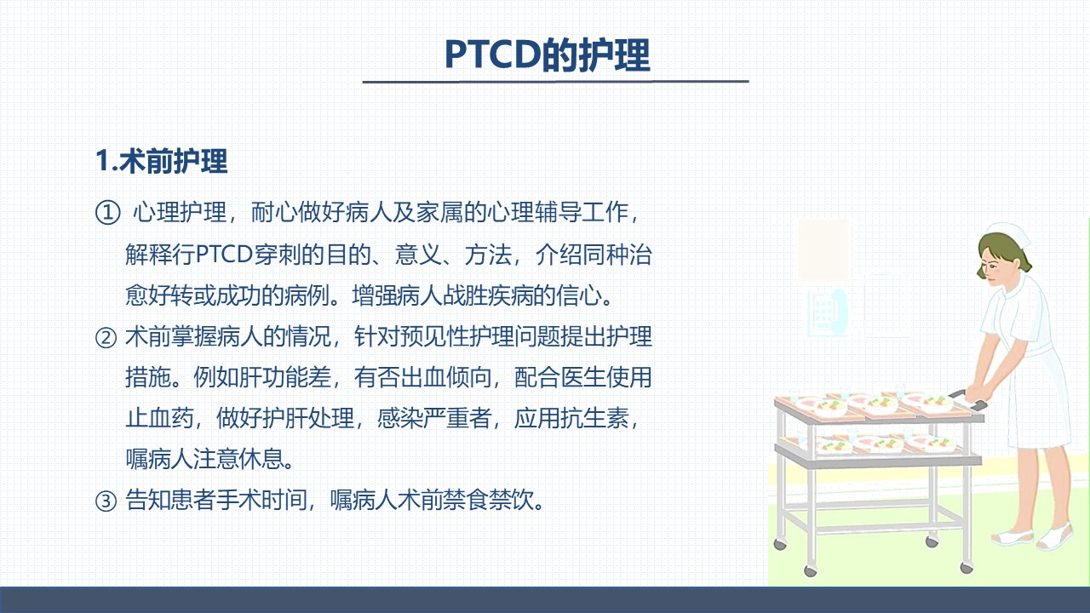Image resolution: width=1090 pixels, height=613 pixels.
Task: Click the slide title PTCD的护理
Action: point(548,55)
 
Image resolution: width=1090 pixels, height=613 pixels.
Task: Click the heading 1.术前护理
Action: point(161,161)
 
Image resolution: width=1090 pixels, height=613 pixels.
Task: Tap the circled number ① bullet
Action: point(107,213)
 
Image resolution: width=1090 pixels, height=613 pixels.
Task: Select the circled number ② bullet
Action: point(106,338)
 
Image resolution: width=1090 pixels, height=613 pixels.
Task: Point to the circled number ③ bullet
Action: point(106,501)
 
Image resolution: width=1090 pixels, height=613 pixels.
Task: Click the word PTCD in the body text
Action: point(224,254)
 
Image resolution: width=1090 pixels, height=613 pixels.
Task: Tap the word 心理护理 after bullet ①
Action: point(180,213)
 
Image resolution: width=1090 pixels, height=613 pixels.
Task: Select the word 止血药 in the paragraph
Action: point(159,418)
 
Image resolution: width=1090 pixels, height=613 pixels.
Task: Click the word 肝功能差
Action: point(285,377)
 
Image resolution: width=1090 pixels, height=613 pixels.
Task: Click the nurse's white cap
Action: point(1013,234)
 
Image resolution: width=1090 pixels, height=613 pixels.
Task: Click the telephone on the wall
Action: point(828,312)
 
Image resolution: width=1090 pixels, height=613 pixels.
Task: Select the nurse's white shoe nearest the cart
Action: point(1011,536)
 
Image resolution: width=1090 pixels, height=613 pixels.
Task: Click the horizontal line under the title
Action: point(555,82)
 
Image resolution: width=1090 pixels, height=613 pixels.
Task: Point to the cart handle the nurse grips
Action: point(968,400)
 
